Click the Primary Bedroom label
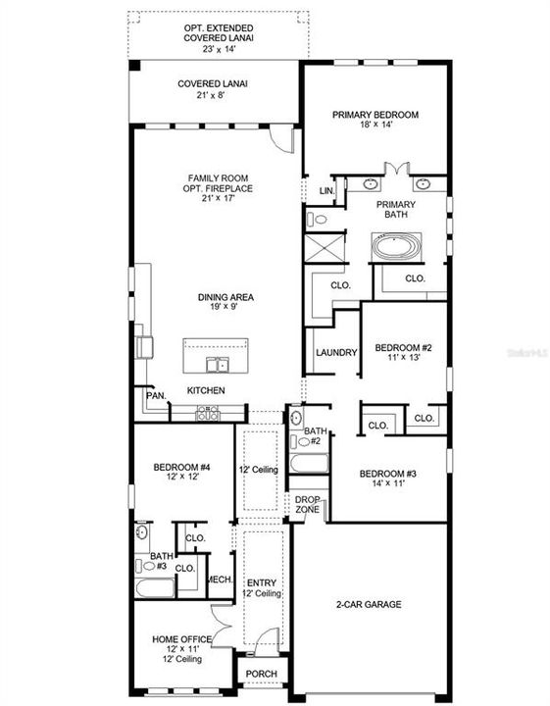click(375, 115)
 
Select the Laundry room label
click(335, 353)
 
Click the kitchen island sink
click(216, 365)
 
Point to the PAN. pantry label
click(155, 395)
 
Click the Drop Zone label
click(306, 505)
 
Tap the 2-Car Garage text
click(368, 605)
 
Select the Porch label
click(261, 674)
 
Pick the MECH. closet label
click(219, 580)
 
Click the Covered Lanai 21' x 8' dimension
click(213, 96)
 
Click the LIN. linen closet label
click(326, 190)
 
